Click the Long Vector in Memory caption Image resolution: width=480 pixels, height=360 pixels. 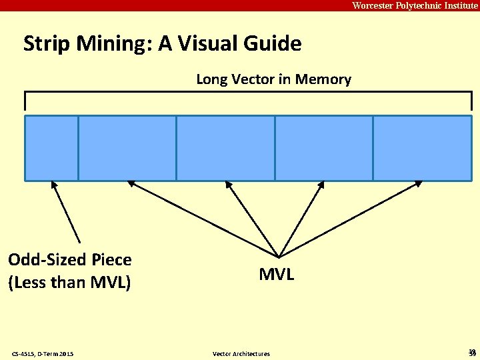(273, 79)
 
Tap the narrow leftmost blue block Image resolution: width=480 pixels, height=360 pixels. (51, 148)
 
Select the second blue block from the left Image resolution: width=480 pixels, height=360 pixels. (127, 148)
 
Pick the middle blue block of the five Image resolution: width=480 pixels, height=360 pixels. (225, 148)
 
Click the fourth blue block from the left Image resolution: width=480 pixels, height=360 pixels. (323, 148)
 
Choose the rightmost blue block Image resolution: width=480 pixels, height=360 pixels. (422, 148)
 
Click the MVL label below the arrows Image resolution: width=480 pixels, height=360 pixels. (277, 274)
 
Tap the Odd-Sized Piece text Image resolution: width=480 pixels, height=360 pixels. (69, 259)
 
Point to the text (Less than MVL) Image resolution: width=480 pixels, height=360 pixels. (69, 282)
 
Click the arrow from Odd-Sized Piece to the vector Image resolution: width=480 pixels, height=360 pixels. (66, 212)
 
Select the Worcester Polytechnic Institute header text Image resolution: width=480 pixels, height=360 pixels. (415, 5)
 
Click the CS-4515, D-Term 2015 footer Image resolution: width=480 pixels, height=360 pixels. (43, 353)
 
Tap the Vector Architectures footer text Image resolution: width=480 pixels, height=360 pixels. (241, 353)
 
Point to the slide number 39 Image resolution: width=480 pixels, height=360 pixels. (472, 353)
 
